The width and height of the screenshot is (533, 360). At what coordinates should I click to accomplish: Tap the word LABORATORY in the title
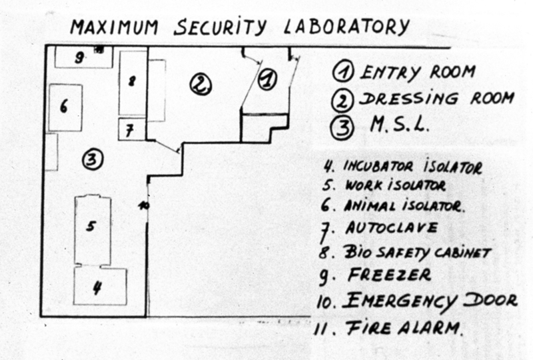click(x=346, y=27)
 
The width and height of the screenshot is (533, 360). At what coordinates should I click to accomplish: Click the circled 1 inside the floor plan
click(x=266, y=79)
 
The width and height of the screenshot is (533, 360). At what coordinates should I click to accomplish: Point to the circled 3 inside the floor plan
click(x=92, y=159)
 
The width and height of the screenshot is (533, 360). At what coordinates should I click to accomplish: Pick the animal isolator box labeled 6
click(x=65, y=107)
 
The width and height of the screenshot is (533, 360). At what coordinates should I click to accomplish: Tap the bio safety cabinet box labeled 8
click(x=132, y=82)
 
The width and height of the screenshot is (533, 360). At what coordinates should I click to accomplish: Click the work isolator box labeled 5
click(x=92, y=227)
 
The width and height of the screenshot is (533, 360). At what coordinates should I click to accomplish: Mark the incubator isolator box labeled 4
click(x=99, y=286)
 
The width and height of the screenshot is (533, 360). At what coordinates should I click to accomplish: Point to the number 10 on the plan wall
click(x=143, y=206)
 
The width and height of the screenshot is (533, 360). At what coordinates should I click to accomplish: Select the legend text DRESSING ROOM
click(x=437, y=99)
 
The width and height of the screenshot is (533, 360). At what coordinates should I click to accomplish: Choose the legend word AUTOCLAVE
click(x=392, y=228)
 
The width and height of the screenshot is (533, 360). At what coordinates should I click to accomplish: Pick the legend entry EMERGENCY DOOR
click(x=429, y=301)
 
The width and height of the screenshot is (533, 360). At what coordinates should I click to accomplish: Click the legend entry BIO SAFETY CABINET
click(x=418, y=252)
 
